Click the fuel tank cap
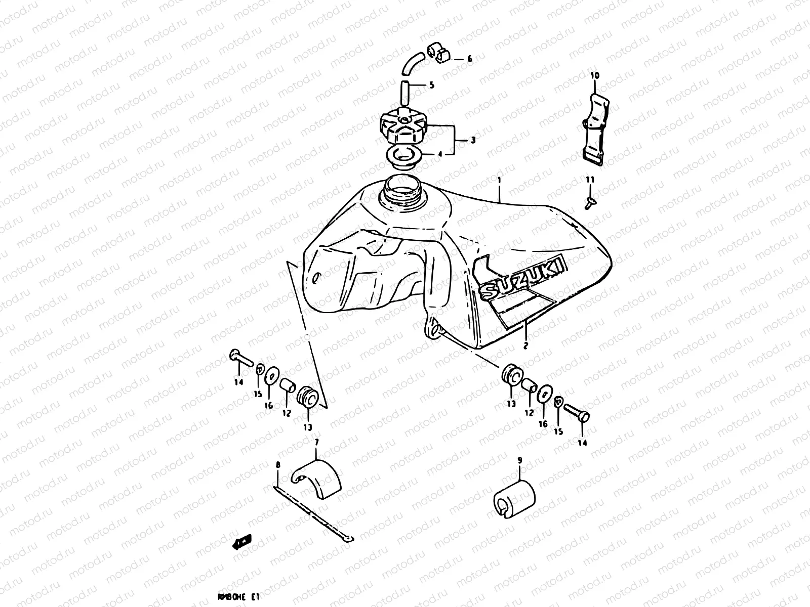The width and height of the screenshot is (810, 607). point(403,126)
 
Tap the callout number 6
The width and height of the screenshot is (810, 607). point(469,59)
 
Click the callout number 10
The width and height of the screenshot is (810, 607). point(594,75)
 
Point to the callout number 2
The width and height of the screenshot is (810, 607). point(525,346)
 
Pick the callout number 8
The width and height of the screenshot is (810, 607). point(277,464)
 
